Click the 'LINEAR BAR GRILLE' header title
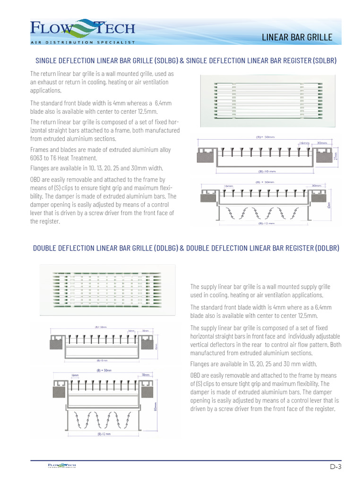pyautogui.click(x=297, y=37)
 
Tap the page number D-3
pyautogui.click(x=335, y=466)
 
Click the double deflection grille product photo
pyautogui.click(x=106, y=289)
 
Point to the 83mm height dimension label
pyautogui.click(x=156, y=407)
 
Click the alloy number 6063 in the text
pyautogui.click(x=36, y=158)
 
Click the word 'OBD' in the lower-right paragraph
pyautogui.click(x=196, y=375)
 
